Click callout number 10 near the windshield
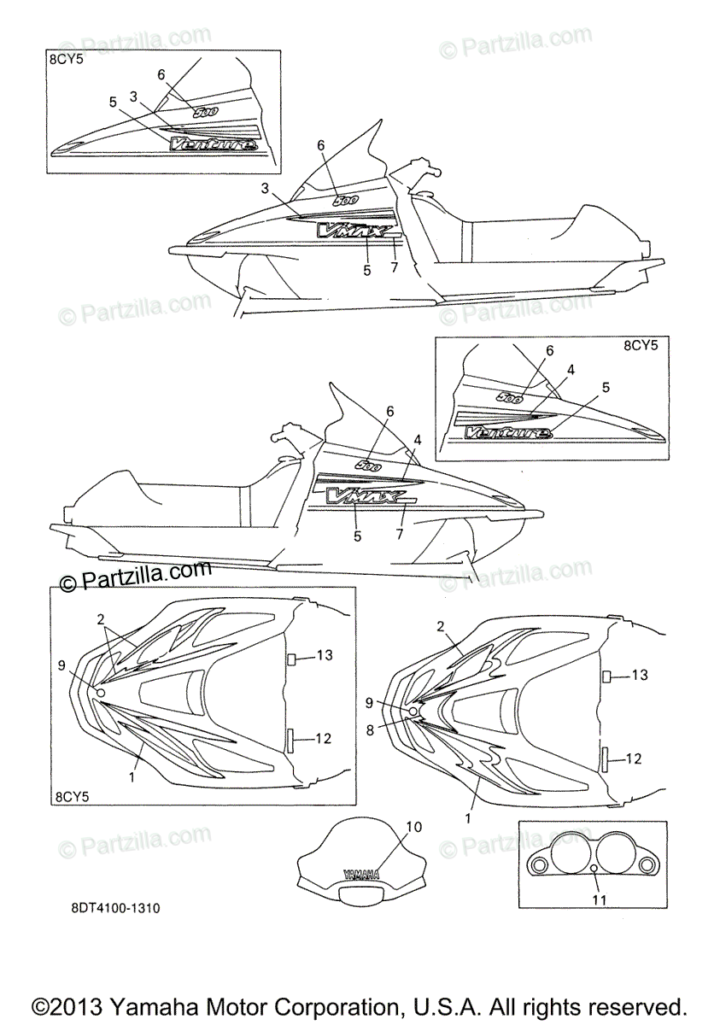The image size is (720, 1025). pos(413,826)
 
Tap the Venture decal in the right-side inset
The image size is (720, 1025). pos(507,433)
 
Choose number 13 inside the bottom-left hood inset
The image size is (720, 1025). pos(324,655)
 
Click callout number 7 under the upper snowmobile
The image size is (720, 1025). pos(394,268)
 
